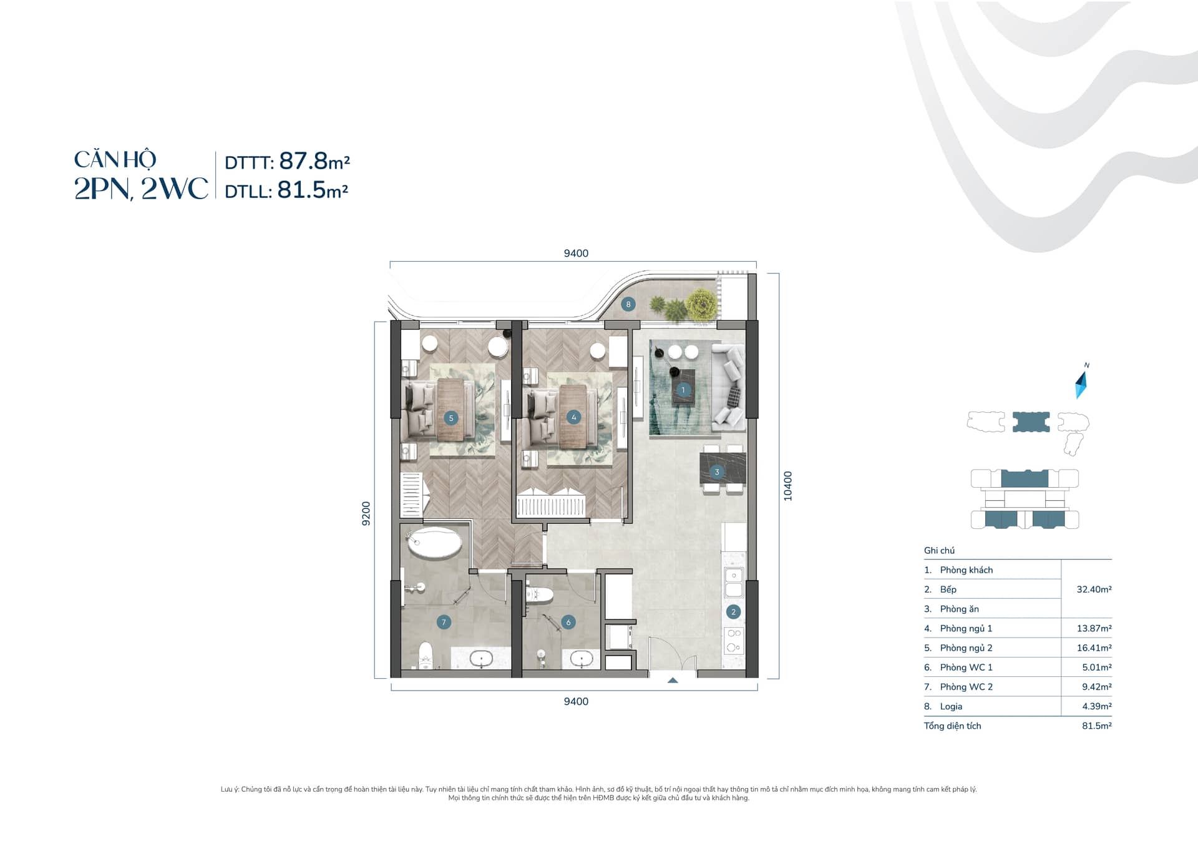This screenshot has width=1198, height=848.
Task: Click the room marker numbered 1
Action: (x=683, y=390)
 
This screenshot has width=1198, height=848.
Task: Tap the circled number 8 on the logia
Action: (x=628, y=304)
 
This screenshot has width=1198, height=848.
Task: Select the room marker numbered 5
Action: (x=451, y=418)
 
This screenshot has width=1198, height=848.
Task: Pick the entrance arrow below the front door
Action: (x=673, y=681)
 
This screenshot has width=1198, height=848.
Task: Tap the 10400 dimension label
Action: (x=787, y=486)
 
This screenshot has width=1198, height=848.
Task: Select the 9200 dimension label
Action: (x=366, y=513)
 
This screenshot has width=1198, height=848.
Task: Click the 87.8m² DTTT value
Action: (x=314, y=161)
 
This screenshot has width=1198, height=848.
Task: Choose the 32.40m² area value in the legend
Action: (x=1094, y=589)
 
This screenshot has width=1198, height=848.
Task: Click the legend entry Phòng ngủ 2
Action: (x=966, y=648)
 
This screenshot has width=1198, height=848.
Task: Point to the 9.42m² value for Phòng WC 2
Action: (x=1097, y=687)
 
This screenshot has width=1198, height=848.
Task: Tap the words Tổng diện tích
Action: (x=952, y=726)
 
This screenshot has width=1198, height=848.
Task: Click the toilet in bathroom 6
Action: (x=538, y=594)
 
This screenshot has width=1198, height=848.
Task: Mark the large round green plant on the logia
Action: (x=701, y=305)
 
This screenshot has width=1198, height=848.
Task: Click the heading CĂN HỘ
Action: (x=115, y=160)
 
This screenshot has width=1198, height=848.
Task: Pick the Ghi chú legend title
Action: (x=939, y=550)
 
